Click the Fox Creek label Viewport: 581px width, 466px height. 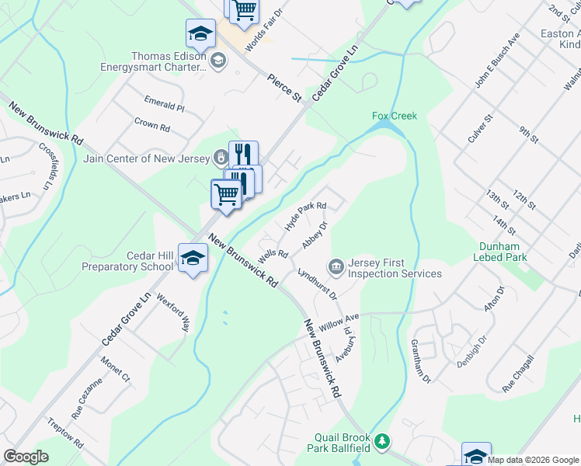pos(395,116)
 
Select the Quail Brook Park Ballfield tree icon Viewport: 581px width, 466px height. pos(381,442)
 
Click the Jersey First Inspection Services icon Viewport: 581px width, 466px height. pos(336,267)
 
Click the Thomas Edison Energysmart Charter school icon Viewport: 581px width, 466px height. pos(219,61)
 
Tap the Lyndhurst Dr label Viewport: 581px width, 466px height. pos(317,283)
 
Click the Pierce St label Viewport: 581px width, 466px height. pos(284,87)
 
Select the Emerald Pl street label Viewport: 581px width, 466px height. pos(164,103)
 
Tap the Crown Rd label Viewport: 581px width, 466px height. pos(151,124)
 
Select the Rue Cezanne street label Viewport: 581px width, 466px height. pos(86,398)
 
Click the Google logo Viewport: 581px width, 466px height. pos(26,457)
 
